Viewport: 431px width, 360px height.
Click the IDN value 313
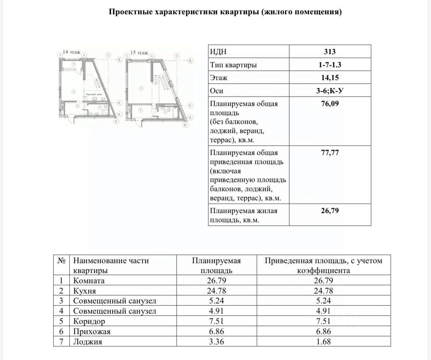[x=330, y=52]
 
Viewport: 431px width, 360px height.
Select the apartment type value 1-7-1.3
[x=330, y=65]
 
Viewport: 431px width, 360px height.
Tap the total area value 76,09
[x=330, y=104]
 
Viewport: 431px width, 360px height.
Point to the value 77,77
[x=330, y=153]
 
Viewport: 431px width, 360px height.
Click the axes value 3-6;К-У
[x=330, y=91]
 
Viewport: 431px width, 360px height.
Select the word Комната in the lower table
[x=89, y=281]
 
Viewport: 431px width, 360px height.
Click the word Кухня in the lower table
[x=84, y=291]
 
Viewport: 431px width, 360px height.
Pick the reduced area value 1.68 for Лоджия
[x=324, y=342]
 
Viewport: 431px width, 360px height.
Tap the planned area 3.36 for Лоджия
[x=216, y=342]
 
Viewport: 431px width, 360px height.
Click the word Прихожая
[x=92, y=331]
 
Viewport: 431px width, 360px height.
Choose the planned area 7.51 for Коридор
[x=216, y=321]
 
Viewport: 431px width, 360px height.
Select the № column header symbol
[x=61, y=261]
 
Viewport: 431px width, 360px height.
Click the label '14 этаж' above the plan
[x=71, y=52]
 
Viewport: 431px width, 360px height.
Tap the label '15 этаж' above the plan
[x=139, y=53]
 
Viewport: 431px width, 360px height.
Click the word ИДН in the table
[x=221, y=52]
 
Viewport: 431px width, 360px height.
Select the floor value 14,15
[x=330, y=78]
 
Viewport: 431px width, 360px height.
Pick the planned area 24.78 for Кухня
[x=216, y=291]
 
